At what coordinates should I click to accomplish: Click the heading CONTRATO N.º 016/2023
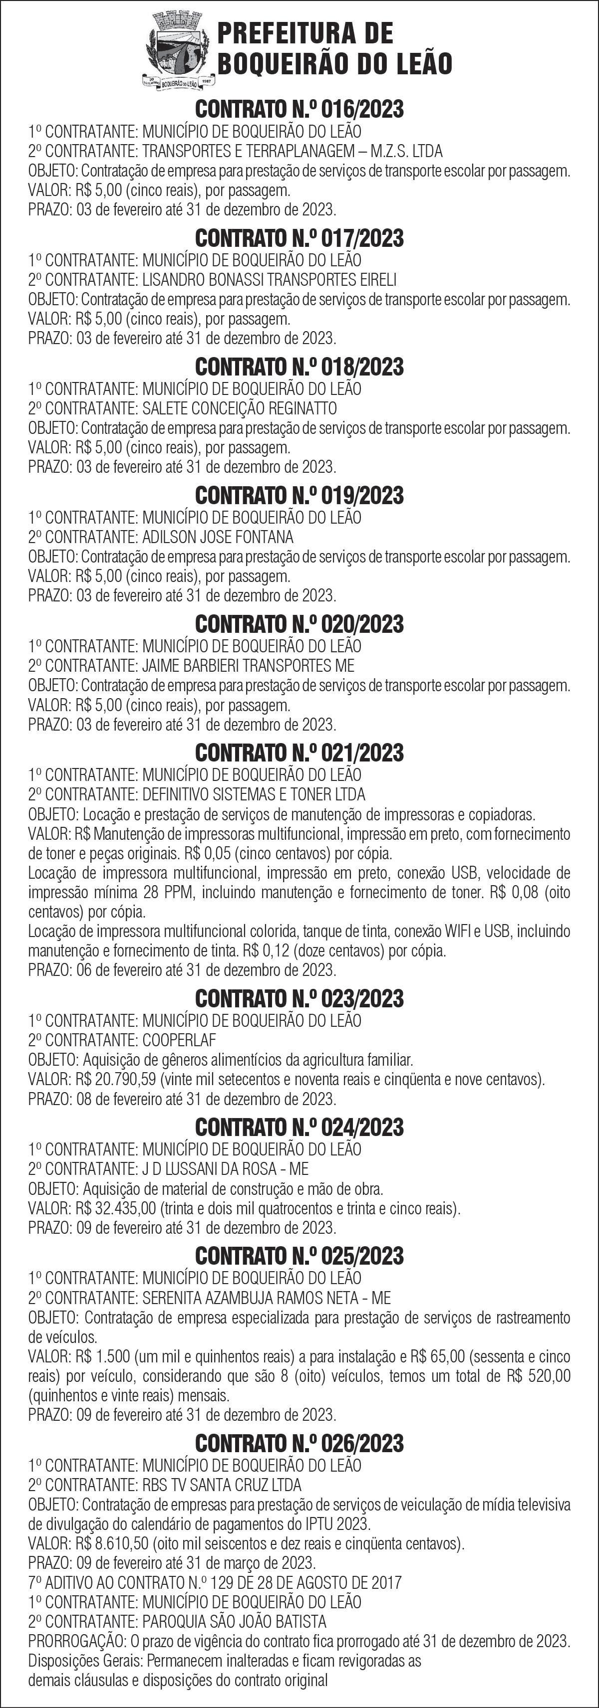tap(299, 109)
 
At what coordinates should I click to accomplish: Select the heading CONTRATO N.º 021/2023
tap(299, 753)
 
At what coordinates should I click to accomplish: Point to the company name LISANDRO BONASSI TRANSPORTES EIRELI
tap(270, 279)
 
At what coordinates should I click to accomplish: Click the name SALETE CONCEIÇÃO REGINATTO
tap(240, 408)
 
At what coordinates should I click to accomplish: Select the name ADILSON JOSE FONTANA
tap(218, 537)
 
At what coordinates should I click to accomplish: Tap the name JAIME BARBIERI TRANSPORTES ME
tap(248, 665)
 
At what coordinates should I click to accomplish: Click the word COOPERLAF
tap(179, 1040)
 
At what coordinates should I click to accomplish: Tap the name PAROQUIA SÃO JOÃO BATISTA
tap(234, 1622)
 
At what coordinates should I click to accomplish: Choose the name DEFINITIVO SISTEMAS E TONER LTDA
tap(254, 794)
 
